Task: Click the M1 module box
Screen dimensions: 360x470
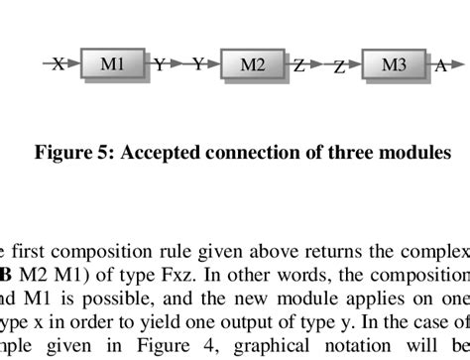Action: coord(112,64)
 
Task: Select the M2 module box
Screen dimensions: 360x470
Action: coord(253,65)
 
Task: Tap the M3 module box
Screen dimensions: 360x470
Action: coord(394,65)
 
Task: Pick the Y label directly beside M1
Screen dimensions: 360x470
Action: coord(159,65)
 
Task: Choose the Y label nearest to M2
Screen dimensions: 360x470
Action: coord(198,64)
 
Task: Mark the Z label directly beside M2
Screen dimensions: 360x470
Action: coord(298,66)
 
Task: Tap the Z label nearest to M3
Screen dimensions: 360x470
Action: coord(339,67)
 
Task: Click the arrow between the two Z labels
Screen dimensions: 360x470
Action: coord(319,65)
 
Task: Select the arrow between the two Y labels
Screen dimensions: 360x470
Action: coord(178,64)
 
